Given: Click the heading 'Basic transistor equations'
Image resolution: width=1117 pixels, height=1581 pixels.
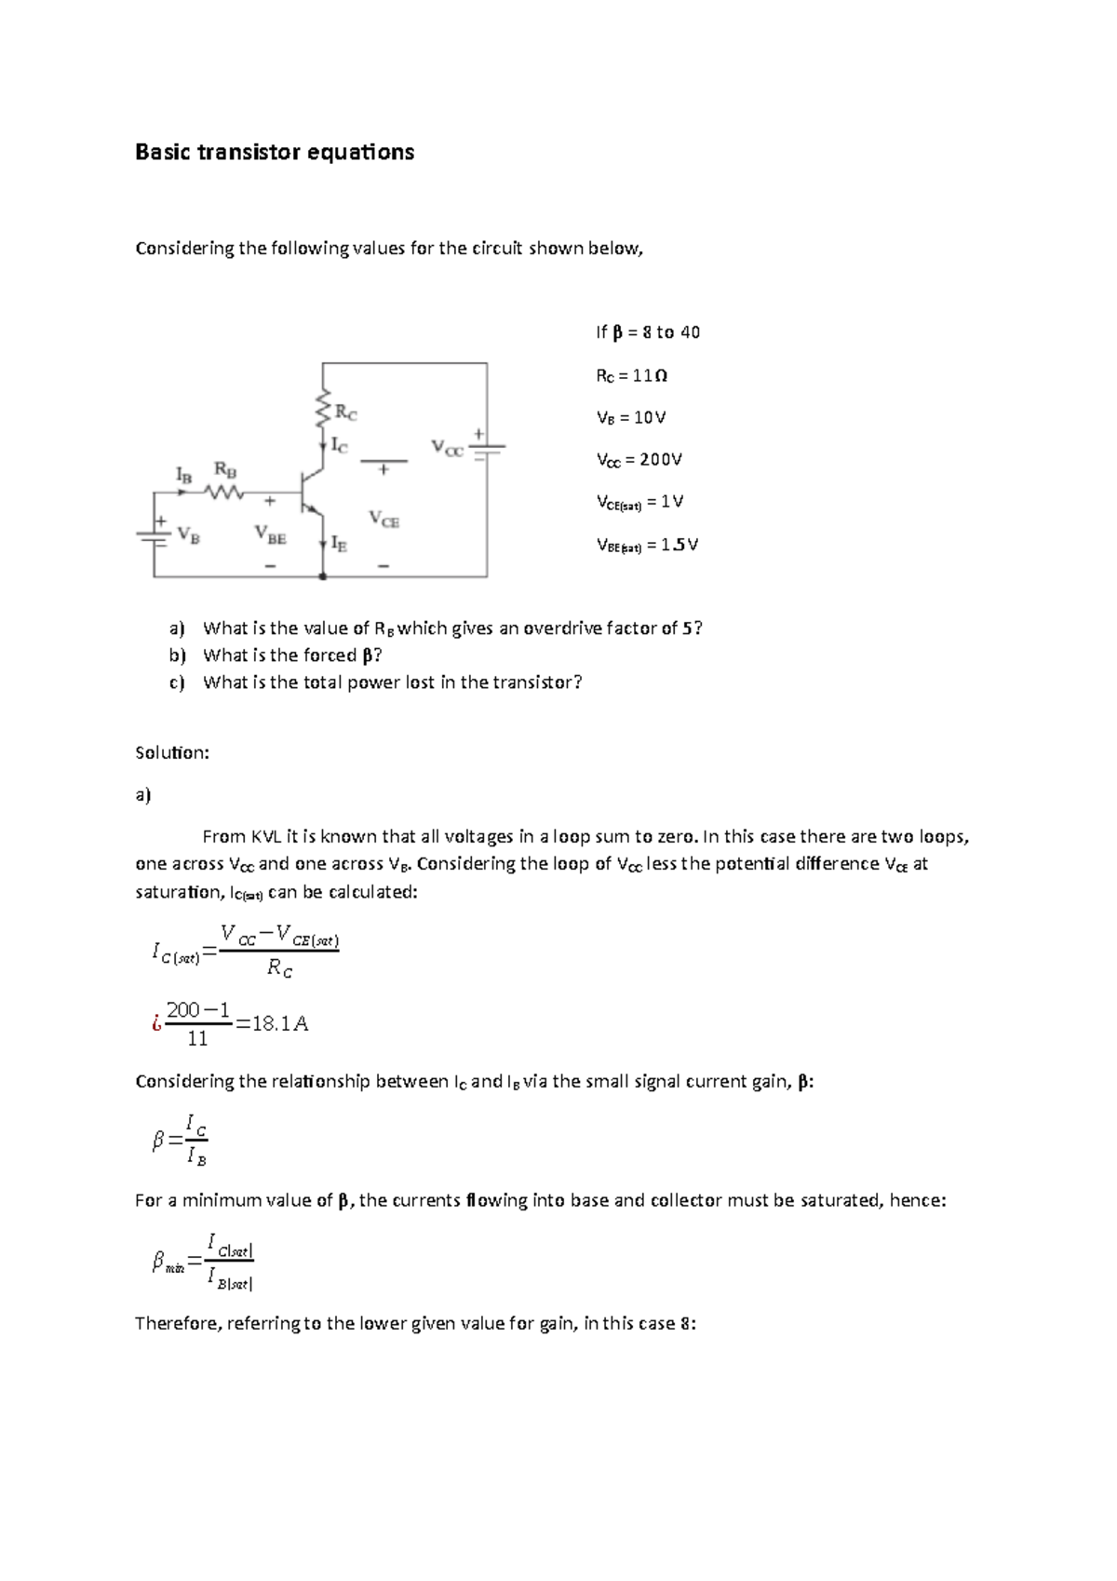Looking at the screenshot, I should click(275, 153).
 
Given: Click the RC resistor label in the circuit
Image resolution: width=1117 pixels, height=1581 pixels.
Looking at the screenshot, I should click(345, 412).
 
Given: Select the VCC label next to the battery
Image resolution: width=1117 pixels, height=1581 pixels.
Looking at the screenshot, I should click(447, 449).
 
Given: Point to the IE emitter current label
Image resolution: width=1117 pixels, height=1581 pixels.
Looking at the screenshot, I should click(340, 544).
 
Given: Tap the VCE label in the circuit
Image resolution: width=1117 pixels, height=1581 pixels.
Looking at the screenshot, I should click(384, 519).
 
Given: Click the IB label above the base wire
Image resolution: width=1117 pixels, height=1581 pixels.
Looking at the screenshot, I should click(184, 475).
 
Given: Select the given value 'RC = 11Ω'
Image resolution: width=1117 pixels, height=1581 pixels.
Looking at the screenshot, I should click(631, 376).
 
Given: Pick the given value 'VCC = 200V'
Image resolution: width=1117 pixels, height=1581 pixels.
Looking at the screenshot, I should click(639, 460).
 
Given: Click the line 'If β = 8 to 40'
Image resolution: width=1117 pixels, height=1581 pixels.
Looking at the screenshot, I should click(647, 332).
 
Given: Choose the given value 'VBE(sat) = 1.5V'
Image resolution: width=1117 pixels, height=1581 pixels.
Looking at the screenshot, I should click(646, 546).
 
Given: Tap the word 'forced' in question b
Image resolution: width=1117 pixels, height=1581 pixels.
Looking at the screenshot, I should click(330, 655).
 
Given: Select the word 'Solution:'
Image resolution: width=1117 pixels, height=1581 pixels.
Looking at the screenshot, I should click(172, 752).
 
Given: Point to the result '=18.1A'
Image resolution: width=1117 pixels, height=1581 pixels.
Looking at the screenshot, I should click(272, 1024).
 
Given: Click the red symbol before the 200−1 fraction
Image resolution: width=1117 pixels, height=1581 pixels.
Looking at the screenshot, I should click(155, 1024).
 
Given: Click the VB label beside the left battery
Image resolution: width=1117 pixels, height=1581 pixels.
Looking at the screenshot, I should click(188, 535).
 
